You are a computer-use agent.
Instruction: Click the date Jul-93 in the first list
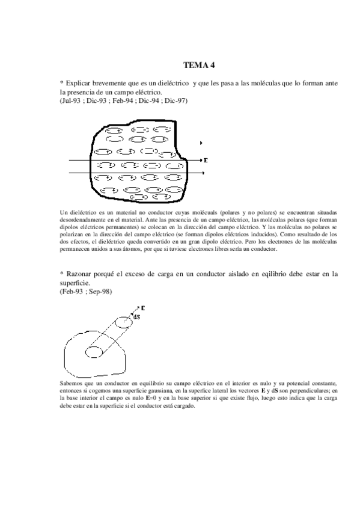(x=71, y=101)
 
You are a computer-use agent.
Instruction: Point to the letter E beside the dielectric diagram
(x=206, y=161)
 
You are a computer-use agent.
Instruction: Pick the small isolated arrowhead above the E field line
(x=201, y=143)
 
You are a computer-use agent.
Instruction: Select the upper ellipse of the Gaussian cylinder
(x=124, y=322)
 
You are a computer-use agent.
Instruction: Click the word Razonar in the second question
(x=82, y=274)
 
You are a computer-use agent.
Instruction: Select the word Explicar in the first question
(x=81, y=82)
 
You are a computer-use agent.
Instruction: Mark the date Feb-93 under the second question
(x=73, y=291)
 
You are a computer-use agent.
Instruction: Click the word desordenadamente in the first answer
(x=87, y=221)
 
